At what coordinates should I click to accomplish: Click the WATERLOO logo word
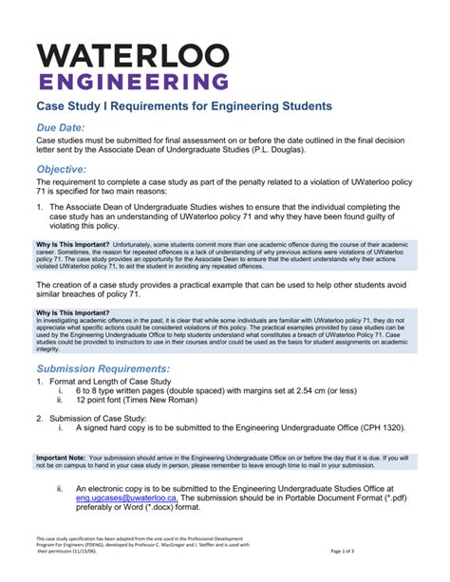tap(133, 55)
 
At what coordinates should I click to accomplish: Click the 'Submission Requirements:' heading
tap(103, 368)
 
